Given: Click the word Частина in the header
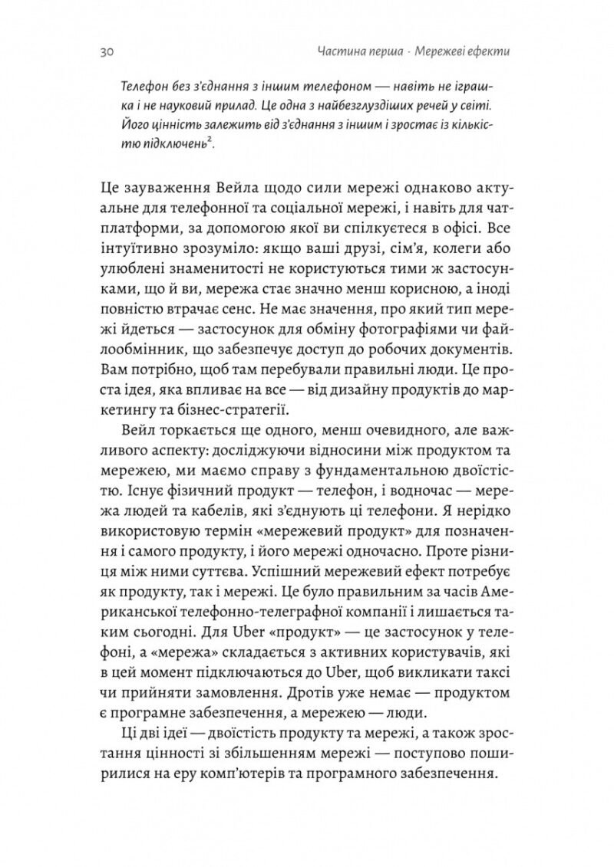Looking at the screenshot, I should (338, 53).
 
